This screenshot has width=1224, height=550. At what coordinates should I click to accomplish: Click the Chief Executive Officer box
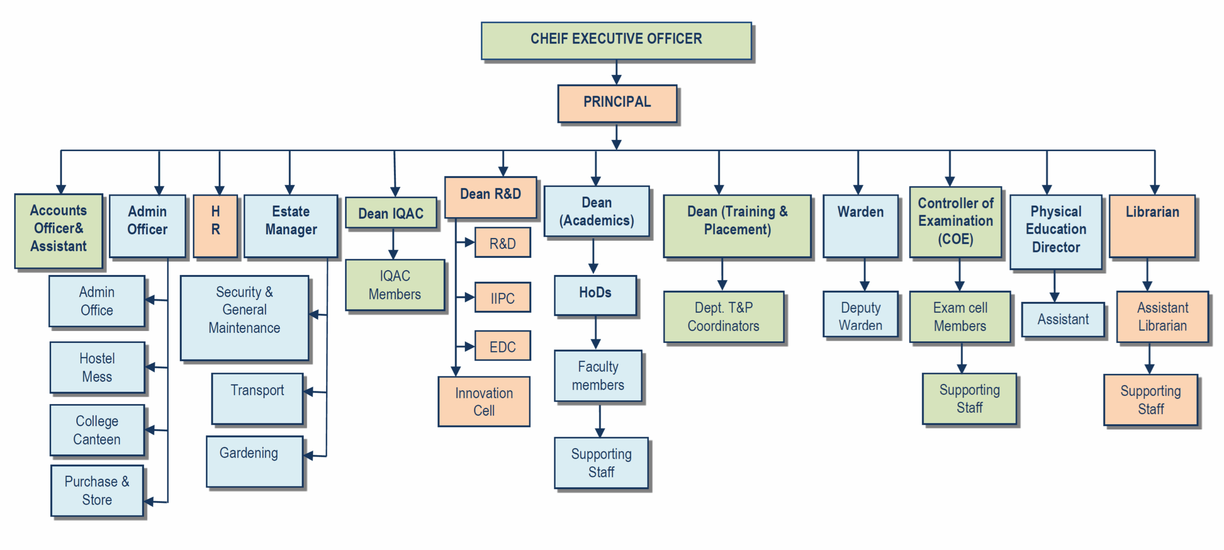(616, 40)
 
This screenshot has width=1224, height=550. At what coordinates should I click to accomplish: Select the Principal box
(617, 103)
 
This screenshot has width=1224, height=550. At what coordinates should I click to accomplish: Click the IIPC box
(503, 297)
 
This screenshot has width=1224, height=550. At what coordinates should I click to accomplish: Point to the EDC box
(503, 346)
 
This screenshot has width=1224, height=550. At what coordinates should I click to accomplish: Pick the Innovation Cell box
(484, 401)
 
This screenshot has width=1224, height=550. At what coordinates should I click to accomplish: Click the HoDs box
(595, 295)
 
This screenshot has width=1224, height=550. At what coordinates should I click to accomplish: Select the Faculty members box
(598, 376)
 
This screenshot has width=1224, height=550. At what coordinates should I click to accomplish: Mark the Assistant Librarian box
(1162, 316)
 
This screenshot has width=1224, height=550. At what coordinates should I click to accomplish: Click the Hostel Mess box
(97, 367)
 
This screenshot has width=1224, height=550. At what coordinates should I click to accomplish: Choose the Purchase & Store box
(97, 490)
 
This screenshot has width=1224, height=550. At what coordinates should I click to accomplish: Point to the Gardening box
(254, 461)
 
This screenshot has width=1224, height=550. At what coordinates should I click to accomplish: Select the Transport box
(257, 398)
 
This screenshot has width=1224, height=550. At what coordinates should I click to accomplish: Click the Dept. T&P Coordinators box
(723, 316)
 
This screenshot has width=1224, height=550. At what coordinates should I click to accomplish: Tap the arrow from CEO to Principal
(617, 73)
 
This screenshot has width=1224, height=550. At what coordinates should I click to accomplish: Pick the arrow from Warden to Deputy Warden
(864, 275)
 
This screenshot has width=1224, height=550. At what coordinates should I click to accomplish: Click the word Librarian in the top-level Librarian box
(1152, 212)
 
